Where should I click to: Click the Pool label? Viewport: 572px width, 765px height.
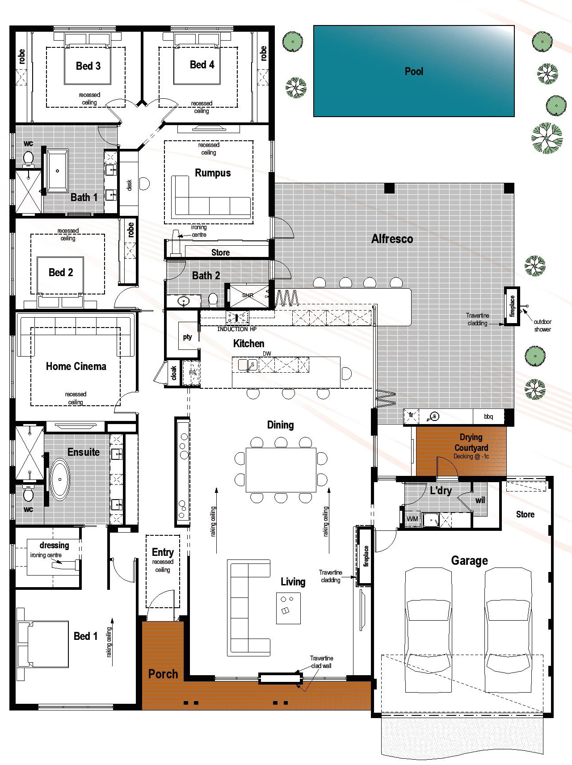(x=413, y=71)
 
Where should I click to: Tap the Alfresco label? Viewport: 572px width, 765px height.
(x=392, y=239)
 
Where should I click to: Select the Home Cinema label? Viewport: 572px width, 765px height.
(x=76, y=366)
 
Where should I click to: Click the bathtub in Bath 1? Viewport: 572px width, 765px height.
(x=57, y=171)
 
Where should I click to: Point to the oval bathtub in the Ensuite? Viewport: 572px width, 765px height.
(x=59, y=479)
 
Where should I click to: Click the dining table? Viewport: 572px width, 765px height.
(x=281, y=470)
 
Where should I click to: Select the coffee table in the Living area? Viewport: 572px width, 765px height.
(x=288, y=608)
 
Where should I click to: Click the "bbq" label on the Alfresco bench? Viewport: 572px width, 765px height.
(x=488, y=416)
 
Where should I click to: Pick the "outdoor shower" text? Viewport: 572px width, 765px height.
(x=542, y=325)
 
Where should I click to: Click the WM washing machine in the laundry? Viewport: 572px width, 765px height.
(x=412, y=519)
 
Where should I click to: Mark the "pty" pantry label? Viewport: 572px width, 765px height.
(x=187, y=337)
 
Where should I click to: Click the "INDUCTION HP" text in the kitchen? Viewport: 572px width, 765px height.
(x=236, y=329)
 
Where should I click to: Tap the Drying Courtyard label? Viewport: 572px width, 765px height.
(x=471, y=442)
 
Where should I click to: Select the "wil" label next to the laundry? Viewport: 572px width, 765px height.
(x=480, y=500)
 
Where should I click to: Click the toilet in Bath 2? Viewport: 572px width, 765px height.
(x=213, y=299)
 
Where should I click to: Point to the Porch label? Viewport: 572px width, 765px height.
(x=163, y=674)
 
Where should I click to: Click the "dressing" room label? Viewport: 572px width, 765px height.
(x=54, y=545)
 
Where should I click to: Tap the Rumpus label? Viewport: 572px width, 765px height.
(x=213, y=173)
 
